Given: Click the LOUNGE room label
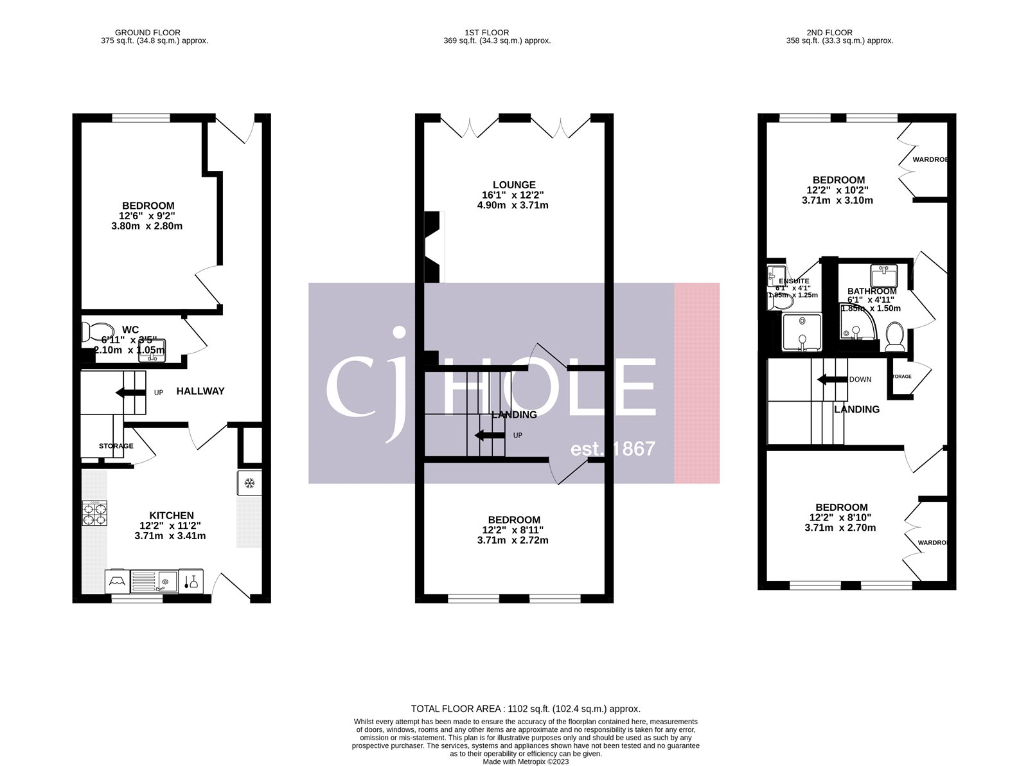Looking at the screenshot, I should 514,185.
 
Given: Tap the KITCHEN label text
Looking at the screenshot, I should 172,515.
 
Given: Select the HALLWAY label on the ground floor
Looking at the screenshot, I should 200,391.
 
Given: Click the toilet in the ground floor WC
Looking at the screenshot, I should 88,332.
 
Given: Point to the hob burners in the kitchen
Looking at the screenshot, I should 94,513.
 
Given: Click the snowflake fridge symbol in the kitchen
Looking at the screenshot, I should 249,483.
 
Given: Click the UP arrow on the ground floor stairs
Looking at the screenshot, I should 130,393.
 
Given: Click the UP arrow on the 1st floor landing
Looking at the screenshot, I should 490,435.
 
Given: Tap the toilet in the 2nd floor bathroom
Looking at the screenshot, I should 894,336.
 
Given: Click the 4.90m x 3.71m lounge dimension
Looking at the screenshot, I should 513,206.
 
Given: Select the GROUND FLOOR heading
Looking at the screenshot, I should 148,32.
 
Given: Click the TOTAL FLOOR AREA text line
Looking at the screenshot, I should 526,709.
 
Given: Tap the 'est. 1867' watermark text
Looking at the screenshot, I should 613,449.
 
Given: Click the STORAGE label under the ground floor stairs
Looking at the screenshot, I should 116,446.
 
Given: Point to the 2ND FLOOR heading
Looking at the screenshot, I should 829,32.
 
